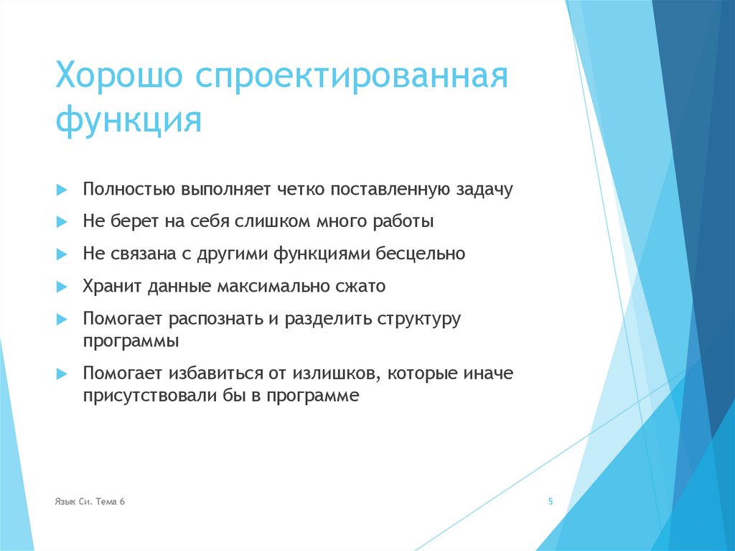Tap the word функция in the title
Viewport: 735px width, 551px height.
[x=128, y=120]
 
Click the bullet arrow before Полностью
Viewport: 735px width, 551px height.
[x=62, y=190]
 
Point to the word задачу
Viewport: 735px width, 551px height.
[x=484, y=190]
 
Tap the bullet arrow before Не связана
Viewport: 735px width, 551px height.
[x=62, y=254]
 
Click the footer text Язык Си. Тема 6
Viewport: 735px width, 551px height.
[x=90, y=502]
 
